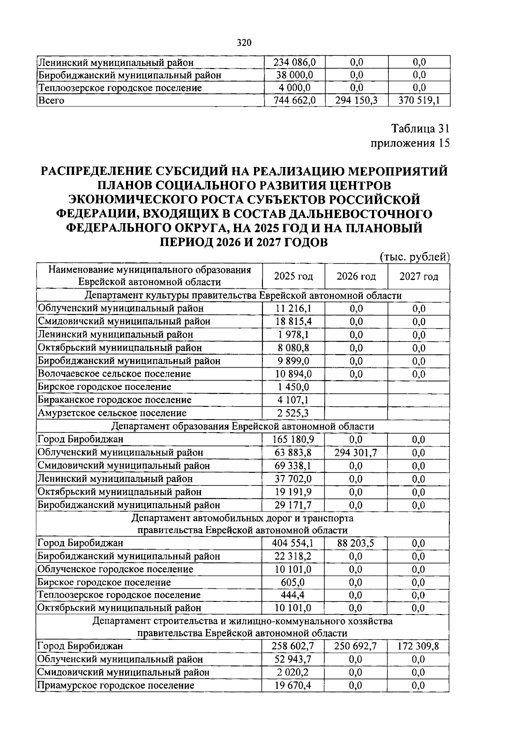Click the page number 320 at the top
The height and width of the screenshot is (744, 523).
click(245, 42)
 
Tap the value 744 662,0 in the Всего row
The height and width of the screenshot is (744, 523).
click(294, 101)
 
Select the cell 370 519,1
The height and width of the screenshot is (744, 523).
click(419, 101)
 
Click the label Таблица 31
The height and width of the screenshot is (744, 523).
click(420, 129)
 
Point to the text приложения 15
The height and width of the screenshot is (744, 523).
click(409, 143)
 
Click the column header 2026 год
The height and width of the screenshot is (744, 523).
click(356, 276)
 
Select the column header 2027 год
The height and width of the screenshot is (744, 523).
click(419, 276)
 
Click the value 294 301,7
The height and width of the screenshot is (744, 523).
click(356, 453)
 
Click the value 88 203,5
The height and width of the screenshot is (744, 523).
click(356, 543)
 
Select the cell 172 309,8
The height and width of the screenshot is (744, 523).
click(418, 646)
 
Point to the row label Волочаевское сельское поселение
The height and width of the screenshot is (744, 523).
click(114, 374)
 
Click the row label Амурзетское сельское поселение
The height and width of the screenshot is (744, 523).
click(112, 413)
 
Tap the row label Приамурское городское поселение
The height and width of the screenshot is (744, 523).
click(115, 685)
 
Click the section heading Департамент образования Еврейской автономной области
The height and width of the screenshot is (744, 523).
click(243, 426)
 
